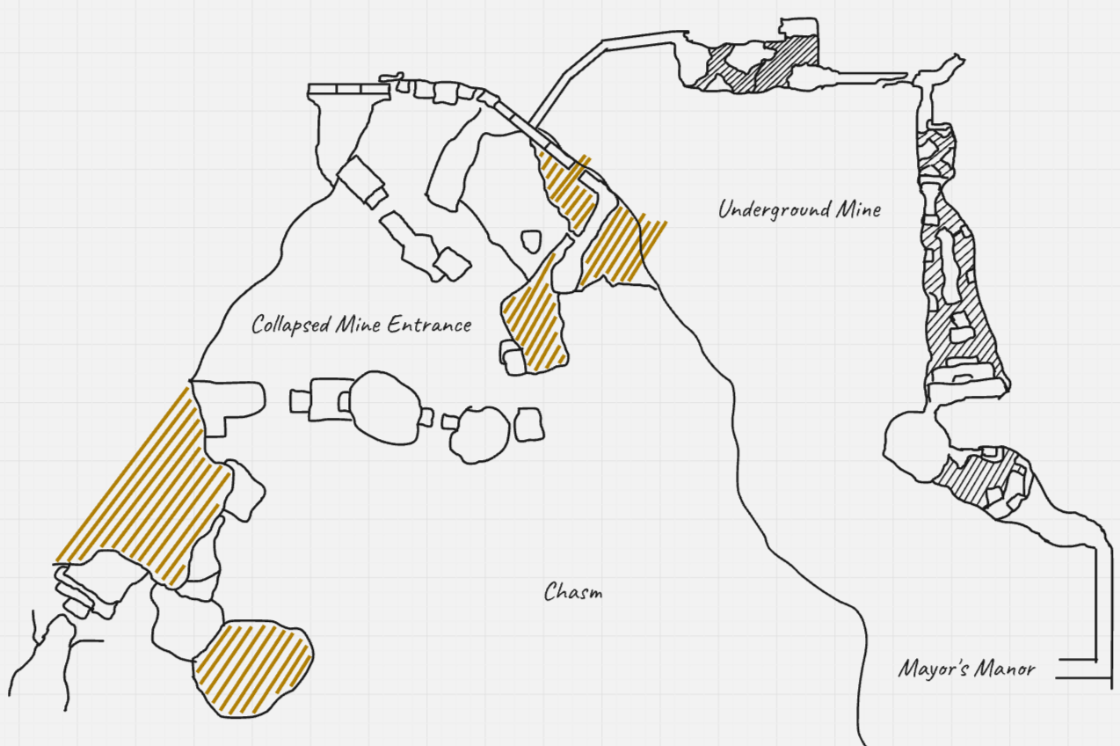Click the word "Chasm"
tap(573, 592)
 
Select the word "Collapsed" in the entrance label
tap(291, 325)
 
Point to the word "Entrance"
tap(429, 325)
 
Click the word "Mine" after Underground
tap(859, 209)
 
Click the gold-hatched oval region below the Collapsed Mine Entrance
tap(253, 669)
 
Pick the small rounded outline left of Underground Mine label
tap(531, 241)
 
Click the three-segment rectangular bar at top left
tap(348, 90)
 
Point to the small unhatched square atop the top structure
tap(799, 27)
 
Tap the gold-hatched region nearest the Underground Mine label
tap(625, 245)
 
